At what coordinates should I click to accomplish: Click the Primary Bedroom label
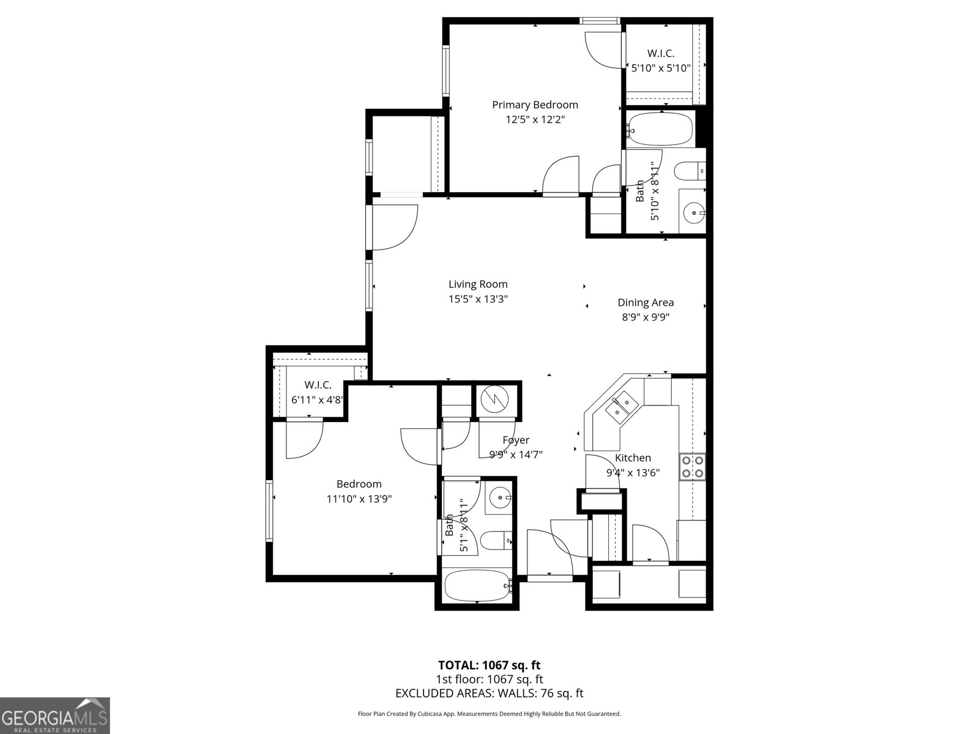[535, 105]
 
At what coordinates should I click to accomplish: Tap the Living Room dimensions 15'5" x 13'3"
[478, 299]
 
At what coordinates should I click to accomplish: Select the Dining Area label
[646, 302]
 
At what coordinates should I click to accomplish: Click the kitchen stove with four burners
[693, 467]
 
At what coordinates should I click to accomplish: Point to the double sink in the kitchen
[622, 406]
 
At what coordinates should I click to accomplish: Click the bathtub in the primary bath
[661, 129]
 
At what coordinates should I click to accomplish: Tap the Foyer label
[516, 440]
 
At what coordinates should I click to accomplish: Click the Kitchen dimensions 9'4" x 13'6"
[633, 472]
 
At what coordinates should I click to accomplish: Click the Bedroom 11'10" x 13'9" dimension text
[359, 499]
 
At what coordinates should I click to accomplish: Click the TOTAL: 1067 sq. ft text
[489, 665]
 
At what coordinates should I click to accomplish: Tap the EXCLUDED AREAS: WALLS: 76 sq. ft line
[489, 693]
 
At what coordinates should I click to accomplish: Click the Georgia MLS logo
[54, 715]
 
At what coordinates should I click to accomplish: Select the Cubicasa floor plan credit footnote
[489, 714]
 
